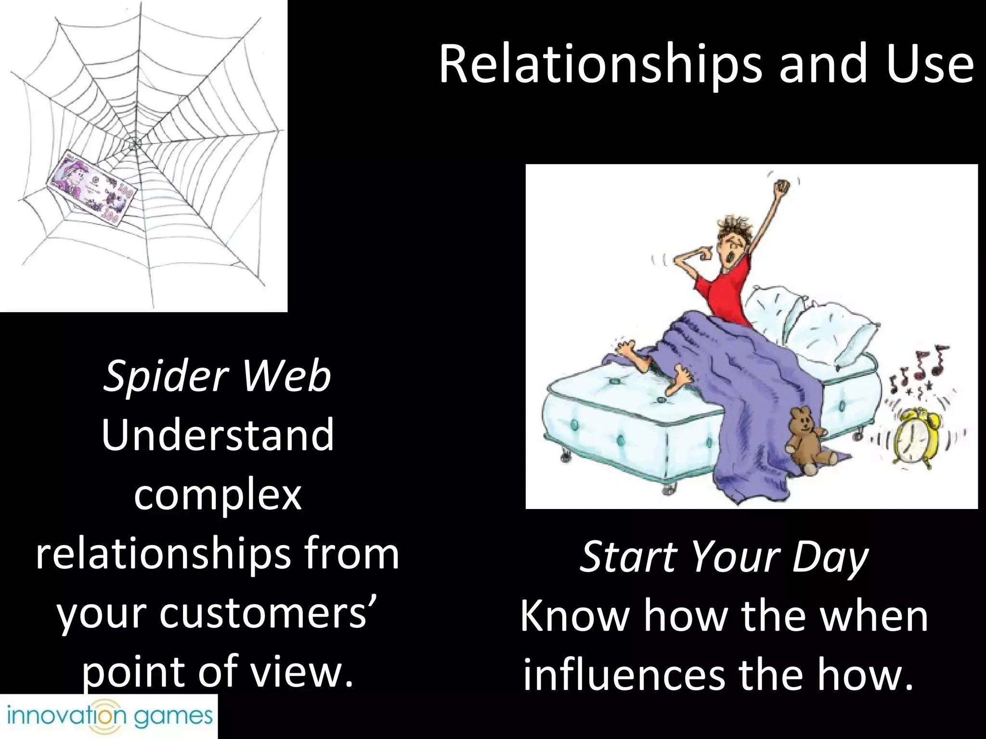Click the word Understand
click(218, 435)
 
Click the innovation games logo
click(109, 716)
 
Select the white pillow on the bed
click(814, 327)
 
